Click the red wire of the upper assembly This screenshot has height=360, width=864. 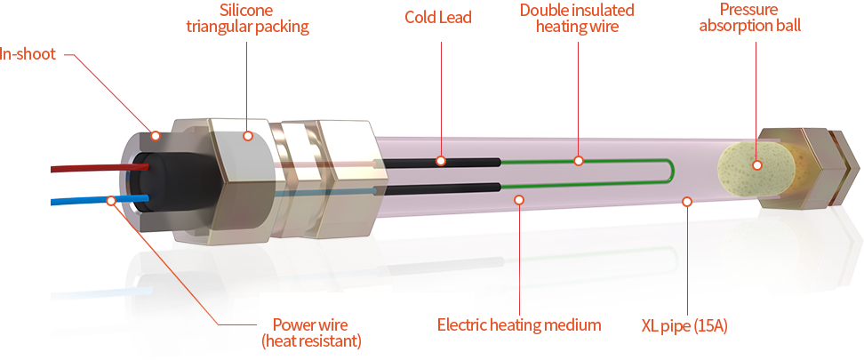[89, 167]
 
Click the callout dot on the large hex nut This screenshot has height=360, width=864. [248, 137]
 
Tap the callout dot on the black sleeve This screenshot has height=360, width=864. [440, 161]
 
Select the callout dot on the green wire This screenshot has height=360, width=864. [578, 161]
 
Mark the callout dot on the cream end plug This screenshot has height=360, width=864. [756, 164]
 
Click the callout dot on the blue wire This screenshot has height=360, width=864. [110, 201]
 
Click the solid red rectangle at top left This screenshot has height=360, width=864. [104, 94]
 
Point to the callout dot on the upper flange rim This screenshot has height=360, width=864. [156, 136]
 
